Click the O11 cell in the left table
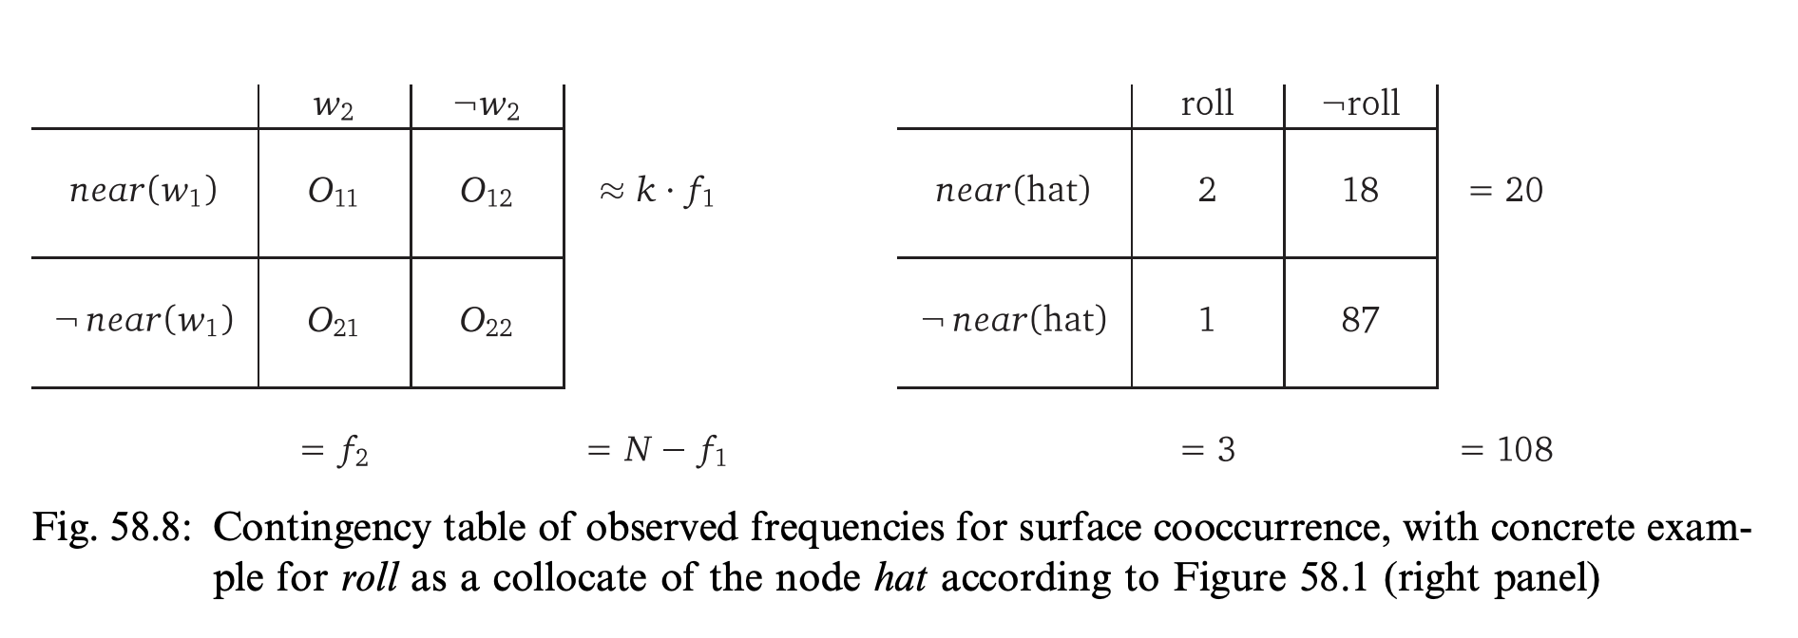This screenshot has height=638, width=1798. point(334,193)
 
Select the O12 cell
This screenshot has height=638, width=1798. point(487,193)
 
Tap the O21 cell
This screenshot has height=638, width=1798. point(334,323)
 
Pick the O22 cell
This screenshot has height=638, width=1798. point(487,323)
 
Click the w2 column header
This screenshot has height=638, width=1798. point(334,106)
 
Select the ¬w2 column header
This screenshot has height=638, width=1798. point(487,106)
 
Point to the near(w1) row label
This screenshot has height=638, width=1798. point(143,191)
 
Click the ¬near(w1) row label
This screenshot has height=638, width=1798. point(144,321)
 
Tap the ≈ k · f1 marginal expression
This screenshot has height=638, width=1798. point(657,192)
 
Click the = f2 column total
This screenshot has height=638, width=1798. point(334,451)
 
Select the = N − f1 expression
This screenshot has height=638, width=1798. point(658,450)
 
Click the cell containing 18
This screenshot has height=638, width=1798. point(1360,191)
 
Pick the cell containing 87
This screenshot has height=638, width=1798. point(1360,321)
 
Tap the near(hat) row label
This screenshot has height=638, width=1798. point(1013,191)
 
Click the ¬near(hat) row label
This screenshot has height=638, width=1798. point(1014,320)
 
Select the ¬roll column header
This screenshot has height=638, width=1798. point(1361,103)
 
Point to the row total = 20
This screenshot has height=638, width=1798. point(1506,191)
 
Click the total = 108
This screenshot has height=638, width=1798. point(1506,449)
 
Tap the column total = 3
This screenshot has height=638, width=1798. point(1208,449)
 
